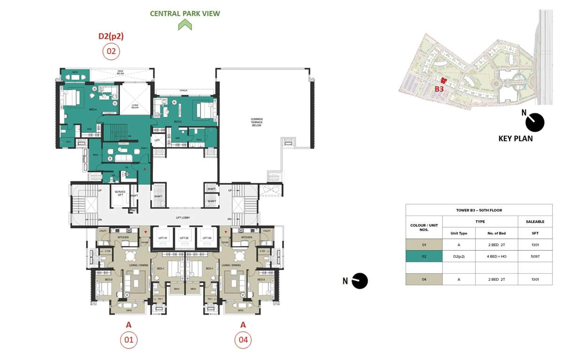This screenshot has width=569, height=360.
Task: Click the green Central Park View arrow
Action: click(185, 25)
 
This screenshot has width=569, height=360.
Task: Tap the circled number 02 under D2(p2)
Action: click(111, 51)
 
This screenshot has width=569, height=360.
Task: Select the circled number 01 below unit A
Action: click(129, 340)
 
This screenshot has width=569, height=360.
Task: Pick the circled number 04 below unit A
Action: click(243, 340)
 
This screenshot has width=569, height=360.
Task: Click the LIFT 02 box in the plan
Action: click(184, 238)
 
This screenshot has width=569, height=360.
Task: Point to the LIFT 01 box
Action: click(163, 238)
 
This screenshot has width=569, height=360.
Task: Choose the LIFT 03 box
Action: click(206, 238)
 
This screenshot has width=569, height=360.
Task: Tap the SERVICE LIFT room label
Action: click(120, 195)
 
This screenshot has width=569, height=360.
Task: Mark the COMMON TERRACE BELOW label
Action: click(256, 122)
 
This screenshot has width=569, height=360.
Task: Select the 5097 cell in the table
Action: click(535, 256)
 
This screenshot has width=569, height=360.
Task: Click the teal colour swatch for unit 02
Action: click(424, 256)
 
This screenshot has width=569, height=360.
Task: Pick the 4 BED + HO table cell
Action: click(496, 256)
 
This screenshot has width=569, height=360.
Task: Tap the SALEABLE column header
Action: click(535, 222)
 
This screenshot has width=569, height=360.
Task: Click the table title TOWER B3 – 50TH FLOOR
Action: click(478, 210)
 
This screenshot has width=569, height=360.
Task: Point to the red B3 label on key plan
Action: click(439, 89)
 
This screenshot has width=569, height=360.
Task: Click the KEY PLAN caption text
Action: click(515, 139)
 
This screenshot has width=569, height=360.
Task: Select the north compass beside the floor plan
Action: click(359, 281)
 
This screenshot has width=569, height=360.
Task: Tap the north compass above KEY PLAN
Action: click(534, 122)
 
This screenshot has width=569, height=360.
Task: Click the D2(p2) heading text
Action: click(111, 36)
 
